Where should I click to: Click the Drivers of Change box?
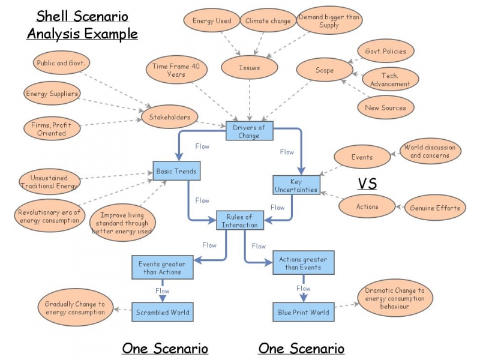click(249, 131)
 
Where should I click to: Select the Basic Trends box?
click(176, 171)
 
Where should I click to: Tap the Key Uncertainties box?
click(296, 185)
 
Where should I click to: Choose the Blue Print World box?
click(303, 312)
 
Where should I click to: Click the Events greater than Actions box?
click(162, 268)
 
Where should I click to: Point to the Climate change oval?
click(268, 21)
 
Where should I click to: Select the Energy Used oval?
click(212, 21)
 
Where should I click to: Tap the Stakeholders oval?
click(170, 117)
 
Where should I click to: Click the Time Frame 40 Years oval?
click(175, 70)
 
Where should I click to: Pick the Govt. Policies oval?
click(385, 52)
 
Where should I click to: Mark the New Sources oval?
click(385, 108)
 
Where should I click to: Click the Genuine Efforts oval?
click(435, 208)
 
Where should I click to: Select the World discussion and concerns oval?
click(430, 151)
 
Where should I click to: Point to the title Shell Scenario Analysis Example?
click(82, 24)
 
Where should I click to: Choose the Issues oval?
click(249, 68)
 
